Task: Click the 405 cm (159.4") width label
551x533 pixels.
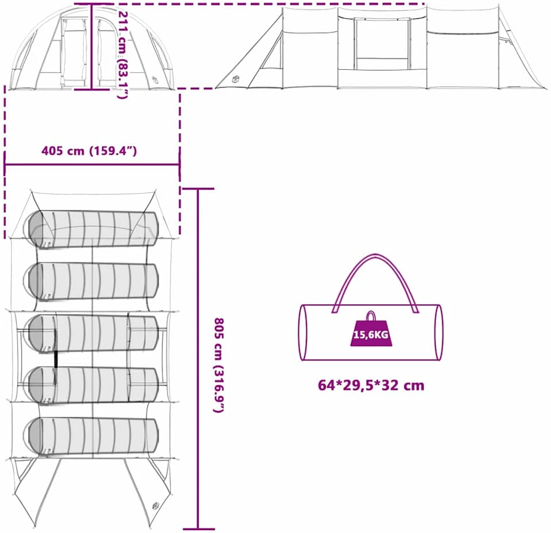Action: [89, 151]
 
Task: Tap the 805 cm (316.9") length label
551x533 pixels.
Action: [219, 365]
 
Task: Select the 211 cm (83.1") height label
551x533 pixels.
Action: [122, 55]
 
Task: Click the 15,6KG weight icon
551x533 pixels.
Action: [372, 330]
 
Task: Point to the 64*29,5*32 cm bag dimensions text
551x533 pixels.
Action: [371, 385]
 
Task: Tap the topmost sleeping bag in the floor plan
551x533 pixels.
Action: [93, 230]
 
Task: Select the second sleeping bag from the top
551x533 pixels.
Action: [93, 282]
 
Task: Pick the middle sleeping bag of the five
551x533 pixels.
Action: [93, 334]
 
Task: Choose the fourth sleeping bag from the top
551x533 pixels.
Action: [93, 385]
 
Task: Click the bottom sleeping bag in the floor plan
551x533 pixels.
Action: [93, 437]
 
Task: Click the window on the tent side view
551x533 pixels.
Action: [382, 43]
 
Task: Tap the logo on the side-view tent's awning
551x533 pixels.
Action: [236, 79]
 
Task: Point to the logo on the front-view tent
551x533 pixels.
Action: [156, 80]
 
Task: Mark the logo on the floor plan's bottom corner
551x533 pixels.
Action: [155, 506]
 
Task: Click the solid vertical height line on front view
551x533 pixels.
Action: [91, 46]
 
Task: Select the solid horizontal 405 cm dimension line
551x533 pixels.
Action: [92, 164]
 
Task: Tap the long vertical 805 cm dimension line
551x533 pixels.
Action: [198, 359]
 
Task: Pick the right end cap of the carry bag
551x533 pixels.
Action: [438, 332]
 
